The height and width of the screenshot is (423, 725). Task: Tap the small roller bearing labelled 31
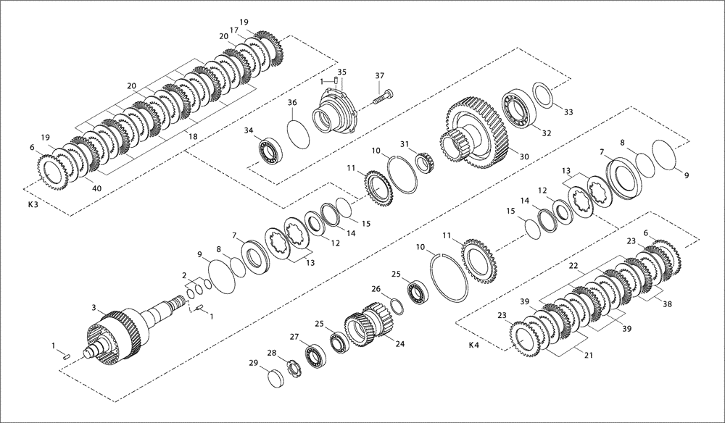pos(424,163)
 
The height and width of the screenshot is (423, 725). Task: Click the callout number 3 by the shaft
pos(93,308)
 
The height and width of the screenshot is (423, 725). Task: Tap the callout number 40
pos(97,188)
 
